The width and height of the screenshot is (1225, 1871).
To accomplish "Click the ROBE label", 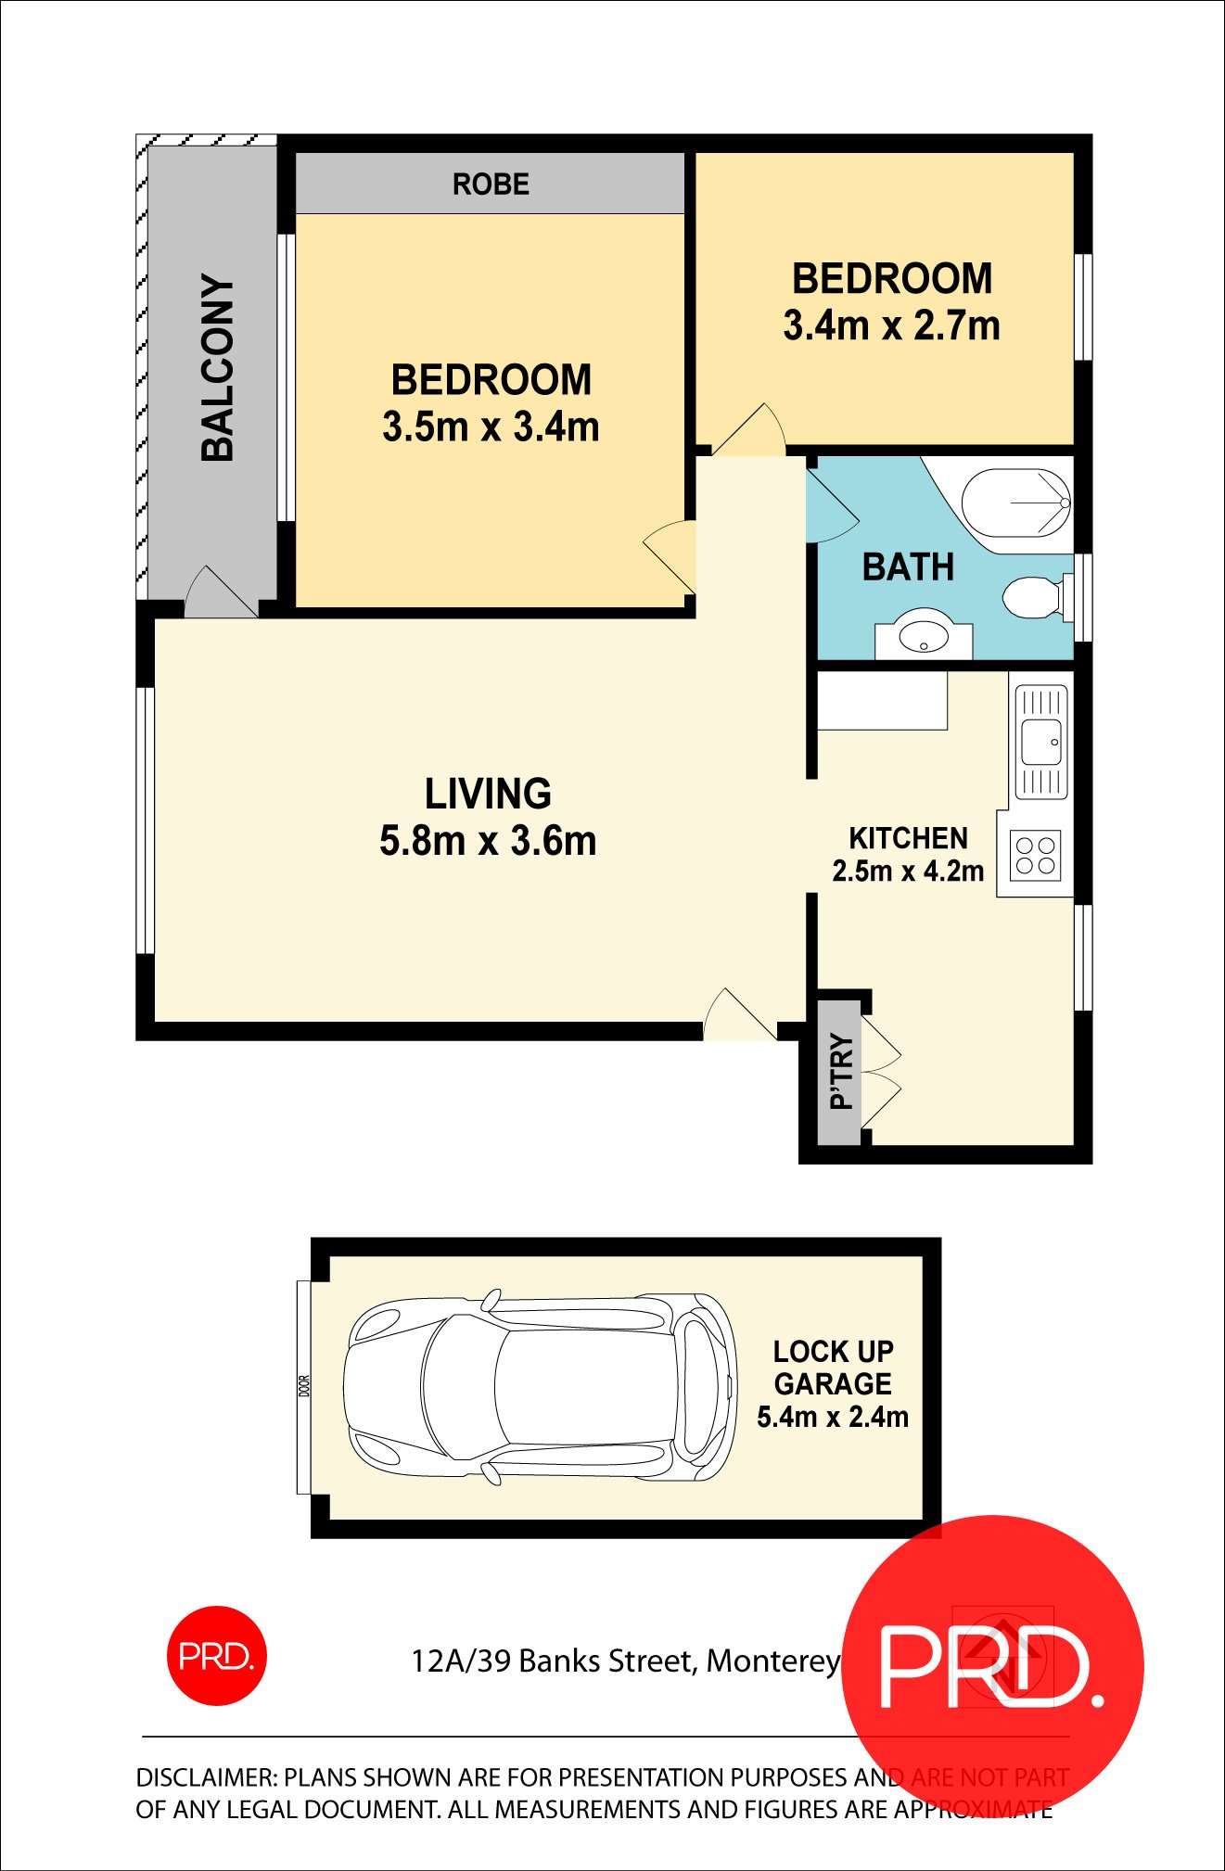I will coord(491,185).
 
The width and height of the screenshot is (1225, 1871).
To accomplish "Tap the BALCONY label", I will coord(218,368).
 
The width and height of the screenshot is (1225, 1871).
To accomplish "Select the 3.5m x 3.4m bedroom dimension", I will coord(491,427).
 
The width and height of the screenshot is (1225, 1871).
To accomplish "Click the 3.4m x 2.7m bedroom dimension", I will coord(891,326).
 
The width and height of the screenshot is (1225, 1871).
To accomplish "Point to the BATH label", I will coord(908,567).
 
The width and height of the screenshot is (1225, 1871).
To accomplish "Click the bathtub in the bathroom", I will coord(1016,503).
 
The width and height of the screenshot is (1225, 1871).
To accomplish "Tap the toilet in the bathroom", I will coord(1031,599).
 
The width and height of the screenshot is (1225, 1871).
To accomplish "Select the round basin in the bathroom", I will coord(924,637).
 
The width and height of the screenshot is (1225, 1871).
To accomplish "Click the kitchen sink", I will coord(1041,742).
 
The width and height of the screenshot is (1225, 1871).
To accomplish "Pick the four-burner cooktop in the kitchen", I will coord(1035,856).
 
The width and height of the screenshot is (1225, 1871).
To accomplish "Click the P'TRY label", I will coord(841,1071).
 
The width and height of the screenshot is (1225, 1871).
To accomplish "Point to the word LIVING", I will coord(488,795).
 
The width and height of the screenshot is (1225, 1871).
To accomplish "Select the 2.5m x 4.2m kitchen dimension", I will coord(908,872).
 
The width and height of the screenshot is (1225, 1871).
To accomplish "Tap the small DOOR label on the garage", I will coord(304,1387).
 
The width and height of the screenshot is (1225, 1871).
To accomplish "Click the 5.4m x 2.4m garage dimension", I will coord(832,1417).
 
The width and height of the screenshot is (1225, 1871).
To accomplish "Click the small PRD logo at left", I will coord(216,1656).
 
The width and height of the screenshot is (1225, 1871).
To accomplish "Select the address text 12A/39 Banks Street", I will coord(553,1661).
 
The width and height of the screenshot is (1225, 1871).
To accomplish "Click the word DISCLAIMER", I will coord(206,1777).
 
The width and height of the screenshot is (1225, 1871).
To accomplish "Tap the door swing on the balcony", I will coord(219,593).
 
